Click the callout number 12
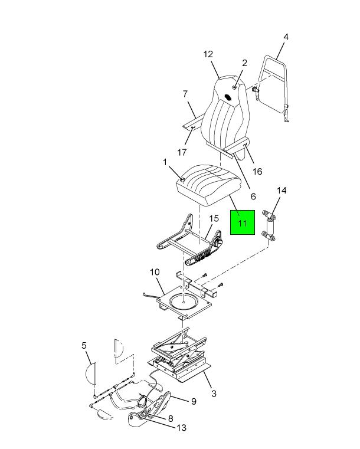coord(208,54)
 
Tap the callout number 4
coord(286,37)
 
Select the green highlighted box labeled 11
coord(243,222)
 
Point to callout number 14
coord(282,191)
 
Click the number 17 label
coord(182,152)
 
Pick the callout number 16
coord(257,171)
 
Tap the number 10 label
coord(155,272)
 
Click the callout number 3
coord(214,394)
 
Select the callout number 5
coord(84,346)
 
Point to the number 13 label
coord(182,428)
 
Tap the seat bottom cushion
coord(208,185)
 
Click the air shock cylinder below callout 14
coord(270,226)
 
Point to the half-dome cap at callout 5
coord(90,373)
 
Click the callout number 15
coord(214,218)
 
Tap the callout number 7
coord(185,94)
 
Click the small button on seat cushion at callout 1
coord(182,179)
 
